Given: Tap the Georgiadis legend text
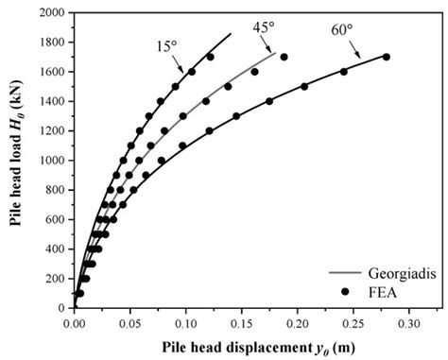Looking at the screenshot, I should (x=392, y=272).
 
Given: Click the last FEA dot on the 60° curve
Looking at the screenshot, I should (x=386, y=57).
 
